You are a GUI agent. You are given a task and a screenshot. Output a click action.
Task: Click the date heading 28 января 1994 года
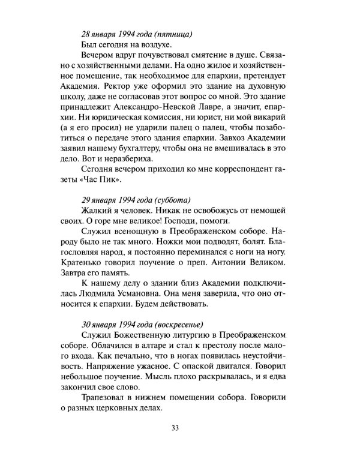tap(113, 33)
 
